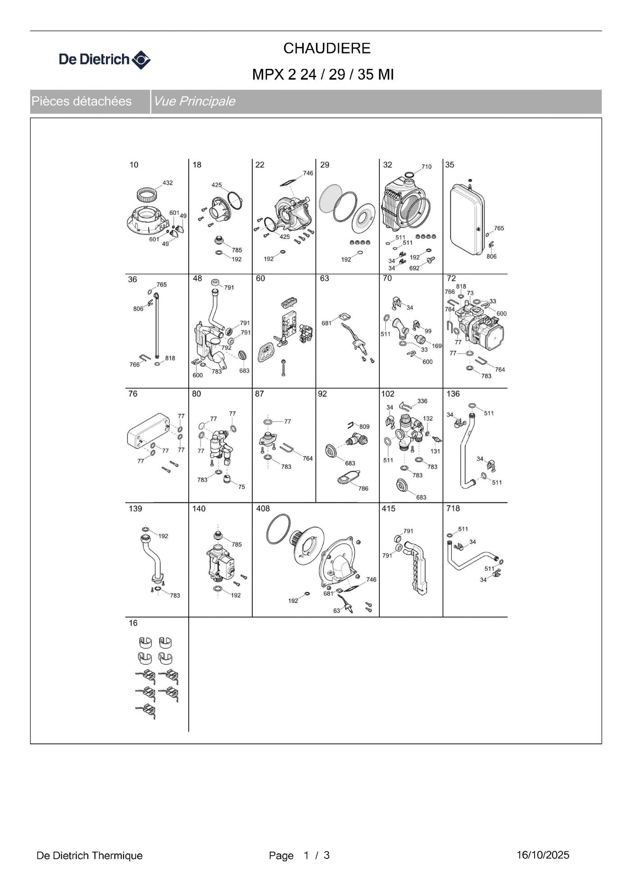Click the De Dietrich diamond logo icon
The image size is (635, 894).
click(141, 60)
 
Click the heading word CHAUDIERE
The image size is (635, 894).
click(327, 48)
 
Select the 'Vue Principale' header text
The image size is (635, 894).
click(195, 101)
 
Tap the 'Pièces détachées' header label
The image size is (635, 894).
click(82, 101)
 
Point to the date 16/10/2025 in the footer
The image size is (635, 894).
click(543, 855)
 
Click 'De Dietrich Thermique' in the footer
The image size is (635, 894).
click(90, 855)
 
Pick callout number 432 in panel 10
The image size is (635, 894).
click(168, 183)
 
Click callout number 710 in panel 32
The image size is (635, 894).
click(426, 167)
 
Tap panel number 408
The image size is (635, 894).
click(263, 509)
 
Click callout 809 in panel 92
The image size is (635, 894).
click(364, 426)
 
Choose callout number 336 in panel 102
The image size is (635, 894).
click(422, 401)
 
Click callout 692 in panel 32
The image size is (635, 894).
click(414, 268)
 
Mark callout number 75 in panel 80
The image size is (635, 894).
click(242, 487)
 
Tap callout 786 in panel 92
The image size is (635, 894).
click(363, 488)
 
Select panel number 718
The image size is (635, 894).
click(453, 509)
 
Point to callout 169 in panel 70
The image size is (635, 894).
click(437, 346)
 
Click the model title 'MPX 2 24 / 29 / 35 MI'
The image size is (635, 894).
click(323, 74)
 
